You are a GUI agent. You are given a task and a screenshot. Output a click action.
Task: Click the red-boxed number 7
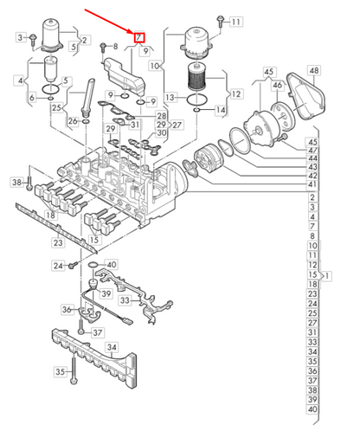pyautogui.click(x=139, y=36)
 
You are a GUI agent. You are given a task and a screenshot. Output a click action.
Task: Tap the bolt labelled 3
pyautogui.click(x=32, y=38)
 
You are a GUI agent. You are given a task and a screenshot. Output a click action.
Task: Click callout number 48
pyautogui.click(x=313, y=70)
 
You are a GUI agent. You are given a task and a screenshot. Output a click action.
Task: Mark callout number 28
pyautogui.click(x=161, y=115)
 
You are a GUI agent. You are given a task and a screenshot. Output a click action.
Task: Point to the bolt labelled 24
pyautogui.click(x=74, y=264)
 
